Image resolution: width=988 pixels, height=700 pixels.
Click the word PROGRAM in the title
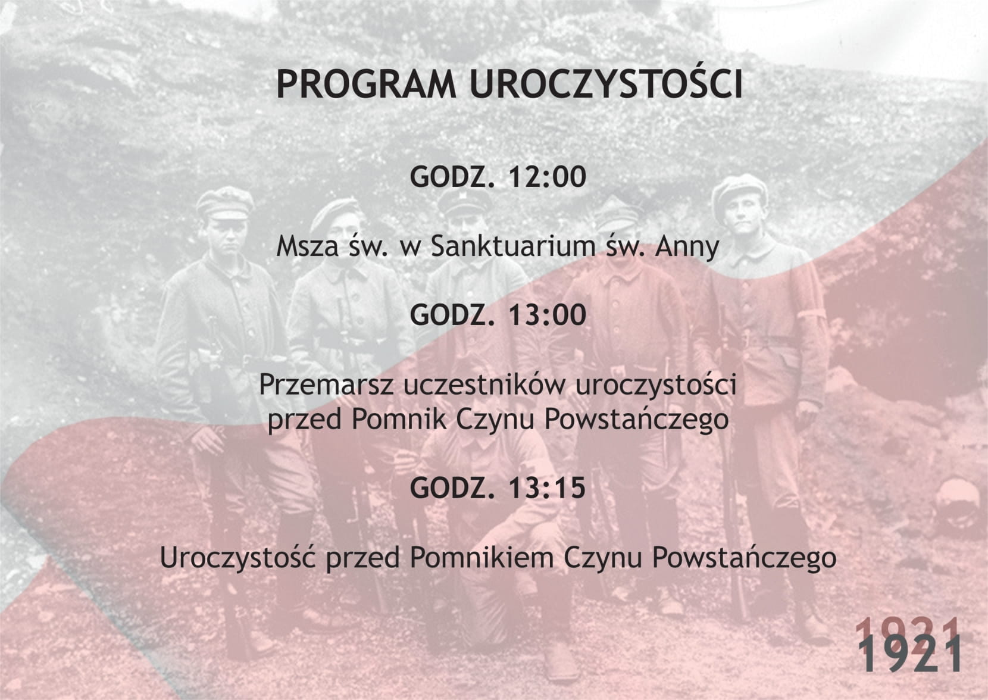(366, 84)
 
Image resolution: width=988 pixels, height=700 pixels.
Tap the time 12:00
(547, 177)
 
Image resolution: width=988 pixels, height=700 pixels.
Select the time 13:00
(547, 315)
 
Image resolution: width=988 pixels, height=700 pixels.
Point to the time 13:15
(547, 488)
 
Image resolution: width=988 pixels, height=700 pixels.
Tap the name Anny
(687, 247)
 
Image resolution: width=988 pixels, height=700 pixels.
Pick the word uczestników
(484, 384)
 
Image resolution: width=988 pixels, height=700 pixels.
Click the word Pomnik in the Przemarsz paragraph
(399, 420)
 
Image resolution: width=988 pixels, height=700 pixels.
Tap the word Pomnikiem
(482, 558)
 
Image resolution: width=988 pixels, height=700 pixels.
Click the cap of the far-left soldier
(225, 204)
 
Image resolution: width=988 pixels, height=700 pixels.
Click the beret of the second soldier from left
(335, 213)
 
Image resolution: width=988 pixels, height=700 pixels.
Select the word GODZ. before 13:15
(452, 488)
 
